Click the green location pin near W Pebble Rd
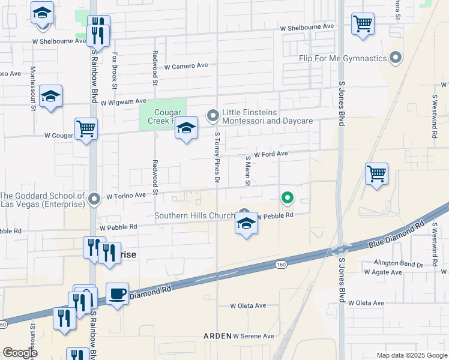pos(288,197)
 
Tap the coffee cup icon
pos(117,294)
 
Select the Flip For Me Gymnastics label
pos(342,58)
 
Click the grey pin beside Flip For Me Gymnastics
pos(396,58)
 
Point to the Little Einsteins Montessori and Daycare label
pos(267,116)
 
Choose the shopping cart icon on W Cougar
pos(86,128)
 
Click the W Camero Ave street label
pos(185,66)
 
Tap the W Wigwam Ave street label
pos(123,102)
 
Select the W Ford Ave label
pos(271,154)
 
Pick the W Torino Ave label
pos(126,195)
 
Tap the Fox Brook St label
pos(113,67)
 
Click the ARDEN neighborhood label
pos(217,336)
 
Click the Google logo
pos(20,353)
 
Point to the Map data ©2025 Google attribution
pos(411,355)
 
